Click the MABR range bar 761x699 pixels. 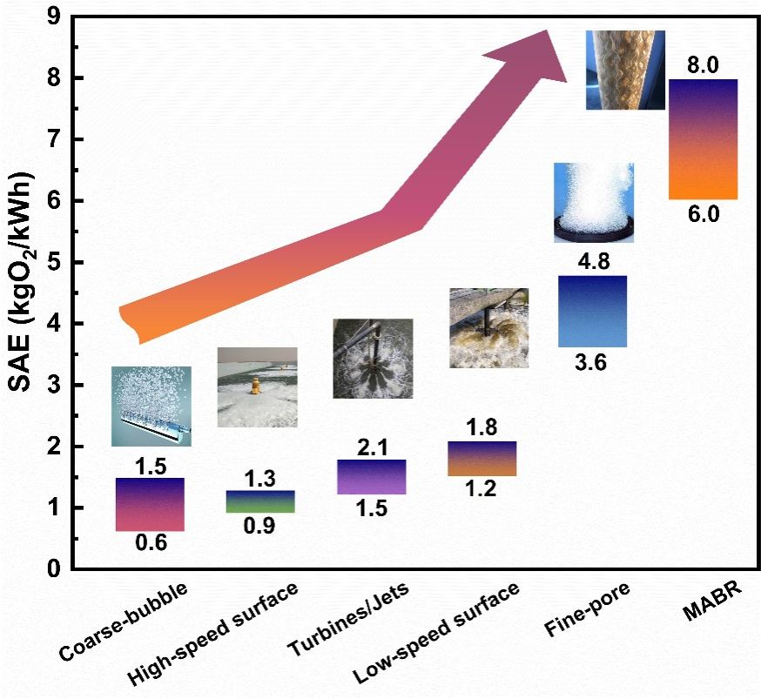[703, 139]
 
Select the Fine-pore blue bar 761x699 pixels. [591, 311]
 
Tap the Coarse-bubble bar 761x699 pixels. [149, 504]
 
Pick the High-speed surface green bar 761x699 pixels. [259, 501]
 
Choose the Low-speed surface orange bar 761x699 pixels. [481, 459]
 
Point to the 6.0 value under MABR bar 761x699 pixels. [703, 214]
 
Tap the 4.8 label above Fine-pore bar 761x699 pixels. [591, 261]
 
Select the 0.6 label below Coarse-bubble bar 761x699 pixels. [149, 544]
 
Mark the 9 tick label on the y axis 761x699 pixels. [52, 17]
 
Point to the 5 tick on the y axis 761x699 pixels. [52, 262]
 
